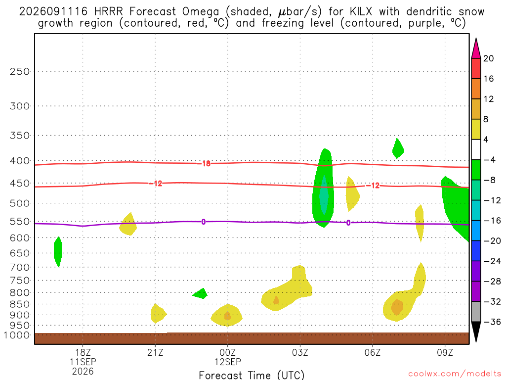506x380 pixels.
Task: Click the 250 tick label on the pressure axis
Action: pos(19,71)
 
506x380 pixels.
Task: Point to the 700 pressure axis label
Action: pos(19,267)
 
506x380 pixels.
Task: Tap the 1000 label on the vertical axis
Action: pos(17,335)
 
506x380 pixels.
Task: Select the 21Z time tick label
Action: pos(155,352)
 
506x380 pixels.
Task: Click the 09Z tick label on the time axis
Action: pos(445,352)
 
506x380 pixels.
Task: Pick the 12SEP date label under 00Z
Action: pos(228,362)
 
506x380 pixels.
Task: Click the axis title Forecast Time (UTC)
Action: pos(252,375)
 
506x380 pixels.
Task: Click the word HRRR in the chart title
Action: pos(108,12)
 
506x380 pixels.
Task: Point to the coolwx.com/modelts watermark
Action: pos(455,374)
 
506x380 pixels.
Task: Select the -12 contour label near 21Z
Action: pos(156,184)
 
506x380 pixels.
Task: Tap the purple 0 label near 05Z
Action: pos(348,223)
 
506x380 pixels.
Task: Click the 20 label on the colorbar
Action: pos(489,58)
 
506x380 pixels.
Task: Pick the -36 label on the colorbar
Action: pos(492,322)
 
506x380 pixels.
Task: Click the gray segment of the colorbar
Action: pos(476,312)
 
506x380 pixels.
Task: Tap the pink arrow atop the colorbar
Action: pos(476,48)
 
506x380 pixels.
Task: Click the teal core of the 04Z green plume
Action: pos(324,195)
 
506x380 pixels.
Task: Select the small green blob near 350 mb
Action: pos(398,148)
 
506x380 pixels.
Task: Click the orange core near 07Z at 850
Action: pos(397,307)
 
